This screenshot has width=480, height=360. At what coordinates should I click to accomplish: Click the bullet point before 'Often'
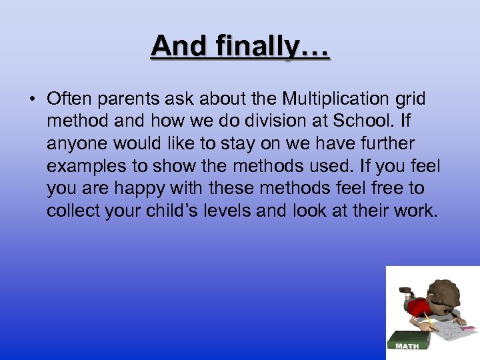(x=31, y=100)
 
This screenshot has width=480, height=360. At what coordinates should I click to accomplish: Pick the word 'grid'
(x=410, y=99)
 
